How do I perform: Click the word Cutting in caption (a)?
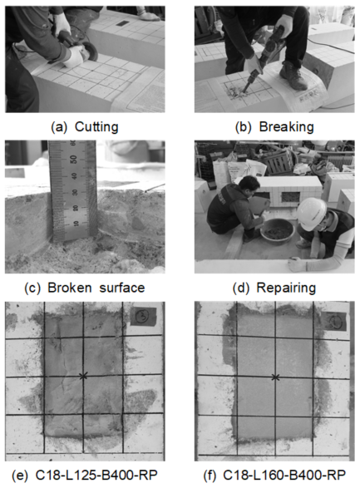coord(96,127)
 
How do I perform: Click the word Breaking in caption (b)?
coord(286,127)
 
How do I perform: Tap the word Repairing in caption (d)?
coord(286,288)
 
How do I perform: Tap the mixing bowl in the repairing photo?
coord(278,230)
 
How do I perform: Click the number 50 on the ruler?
coord(73,159)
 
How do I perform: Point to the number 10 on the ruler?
coord(76,223)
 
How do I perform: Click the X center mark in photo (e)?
coord(83,376)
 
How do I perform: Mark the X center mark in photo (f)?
coord(275,377)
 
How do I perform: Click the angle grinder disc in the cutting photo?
coord(91,52)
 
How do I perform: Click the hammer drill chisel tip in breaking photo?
coord(244,91)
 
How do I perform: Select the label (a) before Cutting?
coord(59,127)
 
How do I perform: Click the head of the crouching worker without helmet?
coord(249,186)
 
